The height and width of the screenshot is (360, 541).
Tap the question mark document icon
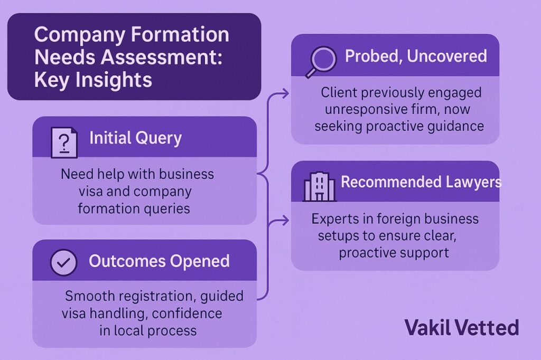[x=64, y=143]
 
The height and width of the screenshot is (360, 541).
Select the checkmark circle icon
[x=63, y=262]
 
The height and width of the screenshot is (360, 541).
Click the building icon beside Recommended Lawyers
[x=319, y=186]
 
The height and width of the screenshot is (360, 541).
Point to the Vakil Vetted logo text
[x=462, y=328]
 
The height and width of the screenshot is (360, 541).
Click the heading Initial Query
[x=136, y=138]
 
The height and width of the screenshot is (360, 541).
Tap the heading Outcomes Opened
[x=159, y=261]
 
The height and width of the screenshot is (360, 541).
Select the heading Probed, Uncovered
[x=416, y=56]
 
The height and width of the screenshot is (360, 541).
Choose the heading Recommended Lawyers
[x=421, y=182]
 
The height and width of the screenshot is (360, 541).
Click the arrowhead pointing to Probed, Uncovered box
[x=285, y=93]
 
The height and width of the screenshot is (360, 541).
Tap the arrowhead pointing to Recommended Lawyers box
[x=285, y=220]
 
